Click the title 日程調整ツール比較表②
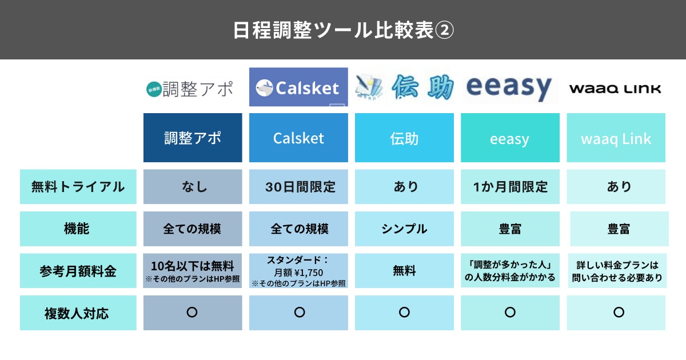point(343,30)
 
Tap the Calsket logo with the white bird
point(298,87)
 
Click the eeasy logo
point(509,87)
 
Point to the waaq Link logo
point(615,89)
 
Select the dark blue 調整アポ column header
point(193,138)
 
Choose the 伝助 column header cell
point(404,138)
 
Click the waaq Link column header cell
point(616,138)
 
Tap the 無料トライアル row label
point(78,187)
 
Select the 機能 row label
point(78,229)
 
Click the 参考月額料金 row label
point(78,271)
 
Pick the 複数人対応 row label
point(78,313)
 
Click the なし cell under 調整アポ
point(193,187)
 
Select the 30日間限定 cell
point(298,187)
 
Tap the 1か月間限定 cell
point(510,187)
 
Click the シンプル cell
point(404,229)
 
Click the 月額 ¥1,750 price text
point(298,273)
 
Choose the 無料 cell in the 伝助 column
point(404,271)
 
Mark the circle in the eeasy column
point(510,312)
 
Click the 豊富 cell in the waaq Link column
point(619,229)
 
